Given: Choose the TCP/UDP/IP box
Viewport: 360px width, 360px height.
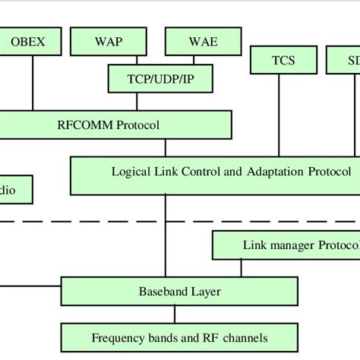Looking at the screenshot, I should coord(159,77).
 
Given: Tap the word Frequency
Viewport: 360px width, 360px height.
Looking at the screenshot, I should coord(116,337).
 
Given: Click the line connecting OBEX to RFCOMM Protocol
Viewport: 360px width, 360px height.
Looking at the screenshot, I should coord(32,84).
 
